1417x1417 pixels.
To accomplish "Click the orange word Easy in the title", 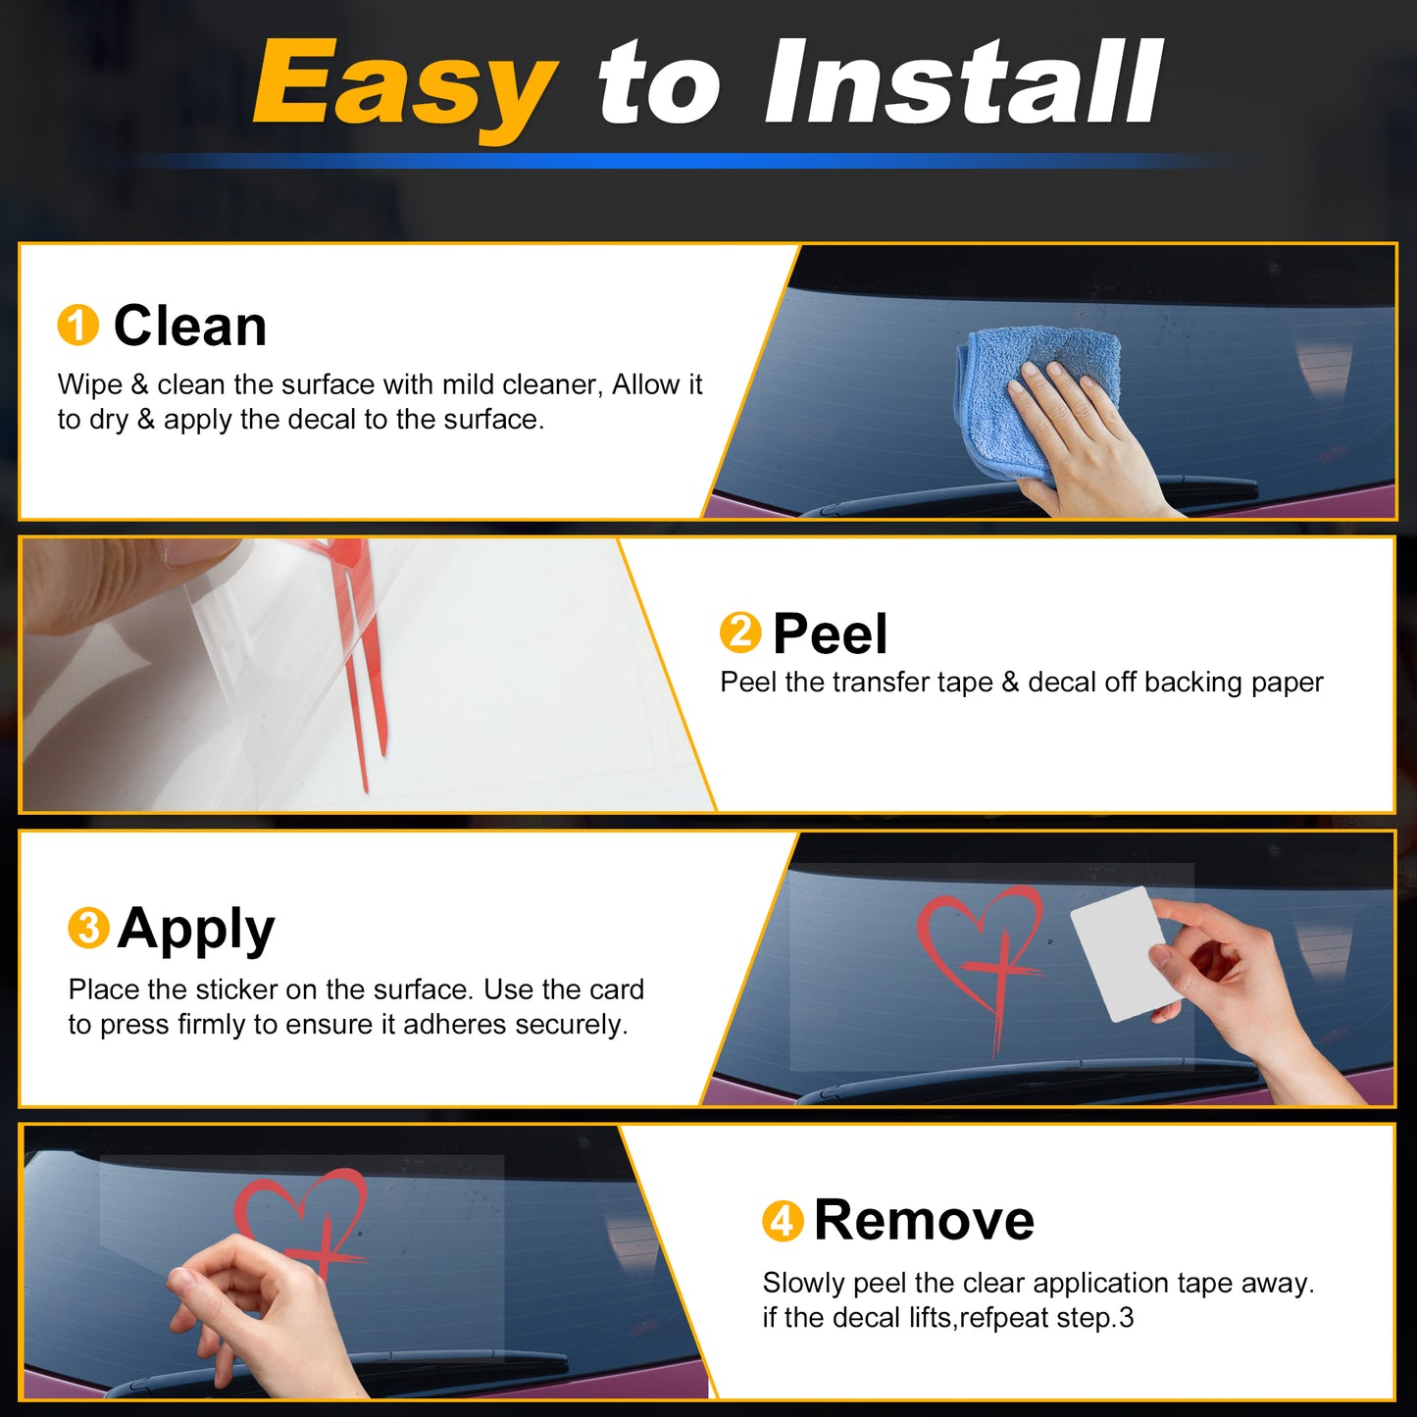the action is coord(404,86).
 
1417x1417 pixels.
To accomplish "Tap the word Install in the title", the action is coord(962,82).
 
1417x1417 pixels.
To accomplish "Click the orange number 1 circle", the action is coord(77,325).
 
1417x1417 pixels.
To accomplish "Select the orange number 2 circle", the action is coord(740,633).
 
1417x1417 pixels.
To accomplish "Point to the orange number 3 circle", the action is coord(89,928).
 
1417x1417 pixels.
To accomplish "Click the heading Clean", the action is coord(190,326).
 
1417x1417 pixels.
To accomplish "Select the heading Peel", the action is coord(831,633).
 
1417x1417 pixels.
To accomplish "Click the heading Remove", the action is coord(925,1221).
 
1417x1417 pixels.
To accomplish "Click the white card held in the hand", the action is coord(1118,954).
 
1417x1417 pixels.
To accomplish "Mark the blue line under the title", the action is coord(683,160).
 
